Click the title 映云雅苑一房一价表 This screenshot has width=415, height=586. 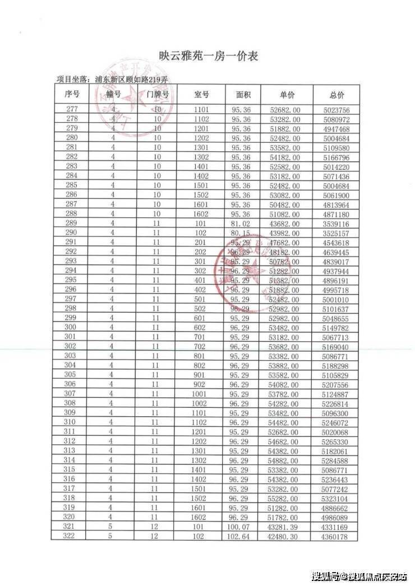click(x=207, y=57)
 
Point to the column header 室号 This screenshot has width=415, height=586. click(x=201, y=95)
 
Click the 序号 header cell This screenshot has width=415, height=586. click(x=72, y=95)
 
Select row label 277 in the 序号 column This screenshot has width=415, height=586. click(x=72, y=109)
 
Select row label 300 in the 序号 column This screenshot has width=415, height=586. click(x=71, y=327)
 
